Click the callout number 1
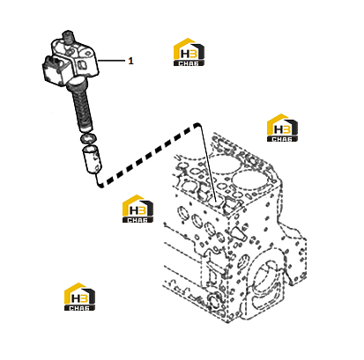click(130, 61)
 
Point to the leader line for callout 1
click(111, 61)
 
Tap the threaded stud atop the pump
click(68, 36)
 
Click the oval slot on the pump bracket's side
click(82, 63)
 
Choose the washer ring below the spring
click(87, 137)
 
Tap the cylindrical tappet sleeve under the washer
click(92, 160)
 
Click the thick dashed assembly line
click(148, 154)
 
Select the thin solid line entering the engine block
click(208, 164)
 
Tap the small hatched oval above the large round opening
click(244, 262)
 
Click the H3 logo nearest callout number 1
click(189, 52)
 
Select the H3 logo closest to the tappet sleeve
click(137, 209)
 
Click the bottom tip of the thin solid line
click(216, 202)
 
